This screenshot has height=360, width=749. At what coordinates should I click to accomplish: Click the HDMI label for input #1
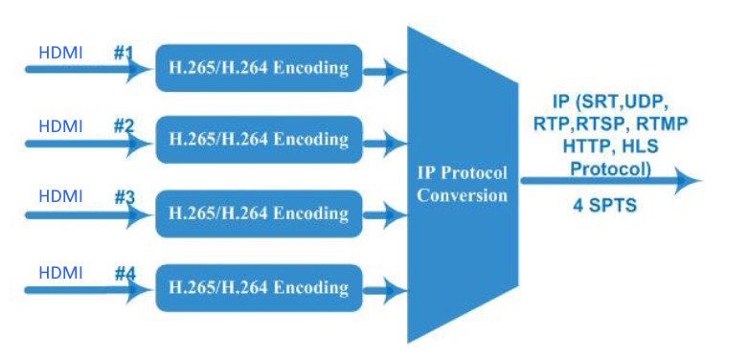60,53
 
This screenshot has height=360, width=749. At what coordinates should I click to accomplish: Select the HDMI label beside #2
60,126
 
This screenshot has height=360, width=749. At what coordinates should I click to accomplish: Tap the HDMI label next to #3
60,196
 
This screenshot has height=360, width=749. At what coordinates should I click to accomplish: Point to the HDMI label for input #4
60,273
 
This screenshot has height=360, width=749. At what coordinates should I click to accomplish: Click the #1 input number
124,53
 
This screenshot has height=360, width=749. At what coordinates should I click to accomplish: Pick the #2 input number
125,126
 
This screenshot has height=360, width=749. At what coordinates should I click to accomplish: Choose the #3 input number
125,196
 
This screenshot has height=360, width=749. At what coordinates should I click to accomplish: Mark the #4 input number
125,274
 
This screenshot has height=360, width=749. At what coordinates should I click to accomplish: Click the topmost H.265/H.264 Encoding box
259,68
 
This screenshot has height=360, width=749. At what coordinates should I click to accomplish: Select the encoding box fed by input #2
259,140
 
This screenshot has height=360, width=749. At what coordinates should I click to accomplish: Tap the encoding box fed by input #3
259,214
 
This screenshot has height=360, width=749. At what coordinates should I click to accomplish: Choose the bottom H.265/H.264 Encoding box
259,288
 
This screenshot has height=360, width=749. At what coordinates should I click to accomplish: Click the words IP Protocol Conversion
462,184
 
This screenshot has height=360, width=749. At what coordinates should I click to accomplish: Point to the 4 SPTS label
604,205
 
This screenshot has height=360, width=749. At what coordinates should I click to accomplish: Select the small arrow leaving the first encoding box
385,72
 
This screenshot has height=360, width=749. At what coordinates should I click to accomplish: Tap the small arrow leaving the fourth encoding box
385,290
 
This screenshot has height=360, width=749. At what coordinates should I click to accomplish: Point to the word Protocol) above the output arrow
611,169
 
